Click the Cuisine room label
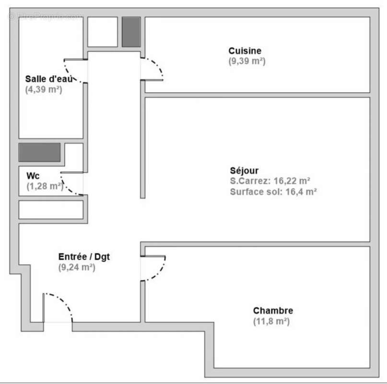coord(245,51)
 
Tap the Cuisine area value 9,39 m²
coord(247,61)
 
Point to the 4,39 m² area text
coord(44,89)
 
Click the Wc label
coord(33,176)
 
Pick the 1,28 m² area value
coord(45,186)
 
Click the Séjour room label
coord(244,170)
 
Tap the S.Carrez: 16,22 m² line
coord(270,181)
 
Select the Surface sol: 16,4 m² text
coord(273,192)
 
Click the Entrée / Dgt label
coord(84,257)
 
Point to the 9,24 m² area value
coord(77,267)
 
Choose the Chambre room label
coord(273,311)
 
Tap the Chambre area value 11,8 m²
coord(271,321)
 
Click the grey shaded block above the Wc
coord(39,152)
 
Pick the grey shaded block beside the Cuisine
coord(131,32)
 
